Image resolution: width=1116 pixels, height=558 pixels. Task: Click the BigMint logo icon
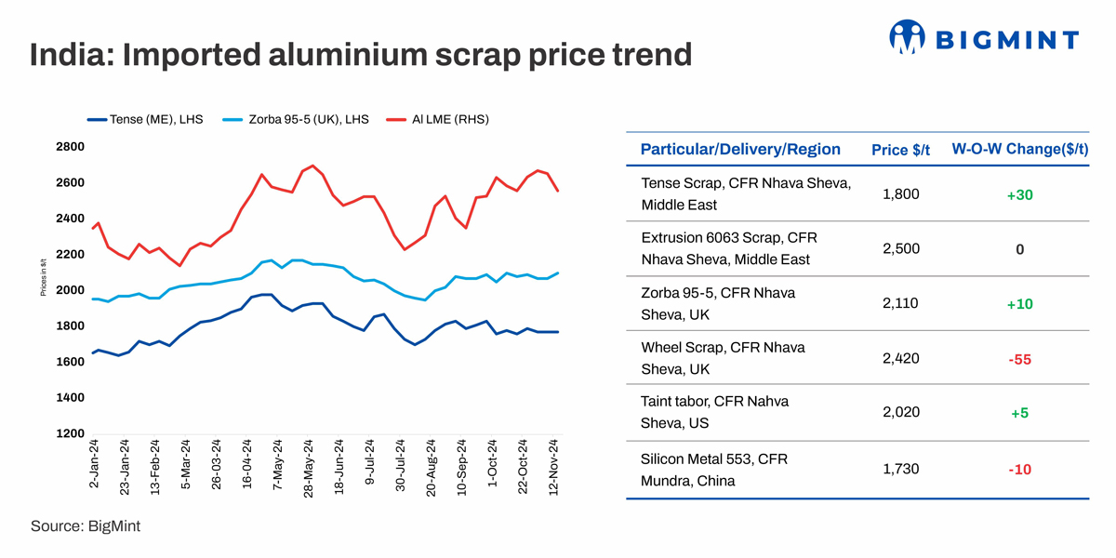pos(907,38)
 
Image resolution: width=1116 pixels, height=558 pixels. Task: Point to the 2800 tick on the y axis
pos(70,147)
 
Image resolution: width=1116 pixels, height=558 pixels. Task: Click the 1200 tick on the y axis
pos(70,433)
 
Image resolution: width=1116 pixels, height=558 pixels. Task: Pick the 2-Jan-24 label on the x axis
pos(94,467)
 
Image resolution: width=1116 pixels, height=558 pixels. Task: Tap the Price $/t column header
pos(899,150)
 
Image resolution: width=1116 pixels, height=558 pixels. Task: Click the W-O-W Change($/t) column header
pos(1019,150)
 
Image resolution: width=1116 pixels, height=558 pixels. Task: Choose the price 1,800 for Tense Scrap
pos(899,194)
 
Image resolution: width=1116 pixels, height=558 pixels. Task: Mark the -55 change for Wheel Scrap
pos(1019,358)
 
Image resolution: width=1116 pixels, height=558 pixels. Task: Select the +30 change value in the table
pos(1019,194)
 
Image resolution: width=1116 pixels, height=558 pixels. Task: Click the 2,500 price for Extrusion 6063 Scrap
pos(899,249)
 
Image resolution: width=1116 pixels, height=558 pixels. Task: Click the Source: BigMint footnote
pos(86,526)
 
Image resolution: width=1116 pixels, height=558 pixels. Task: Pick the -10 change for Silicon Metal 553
pos(1019,470)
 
